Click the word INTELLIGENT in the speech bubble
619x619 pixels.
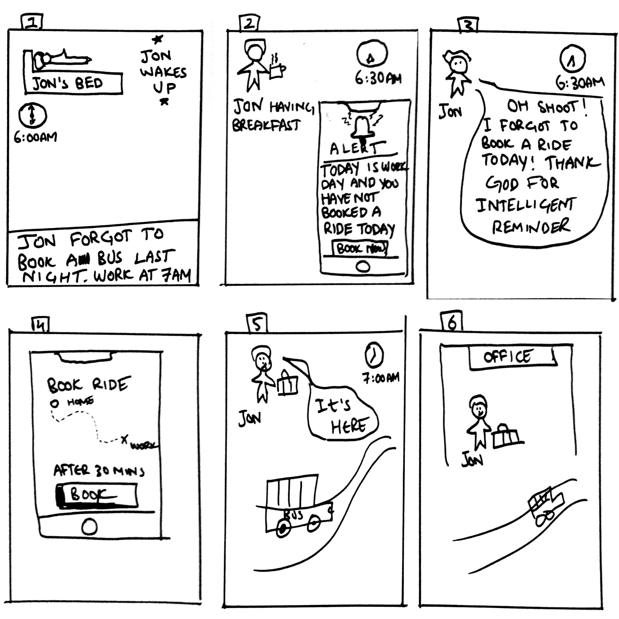(x=526, y=205)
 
